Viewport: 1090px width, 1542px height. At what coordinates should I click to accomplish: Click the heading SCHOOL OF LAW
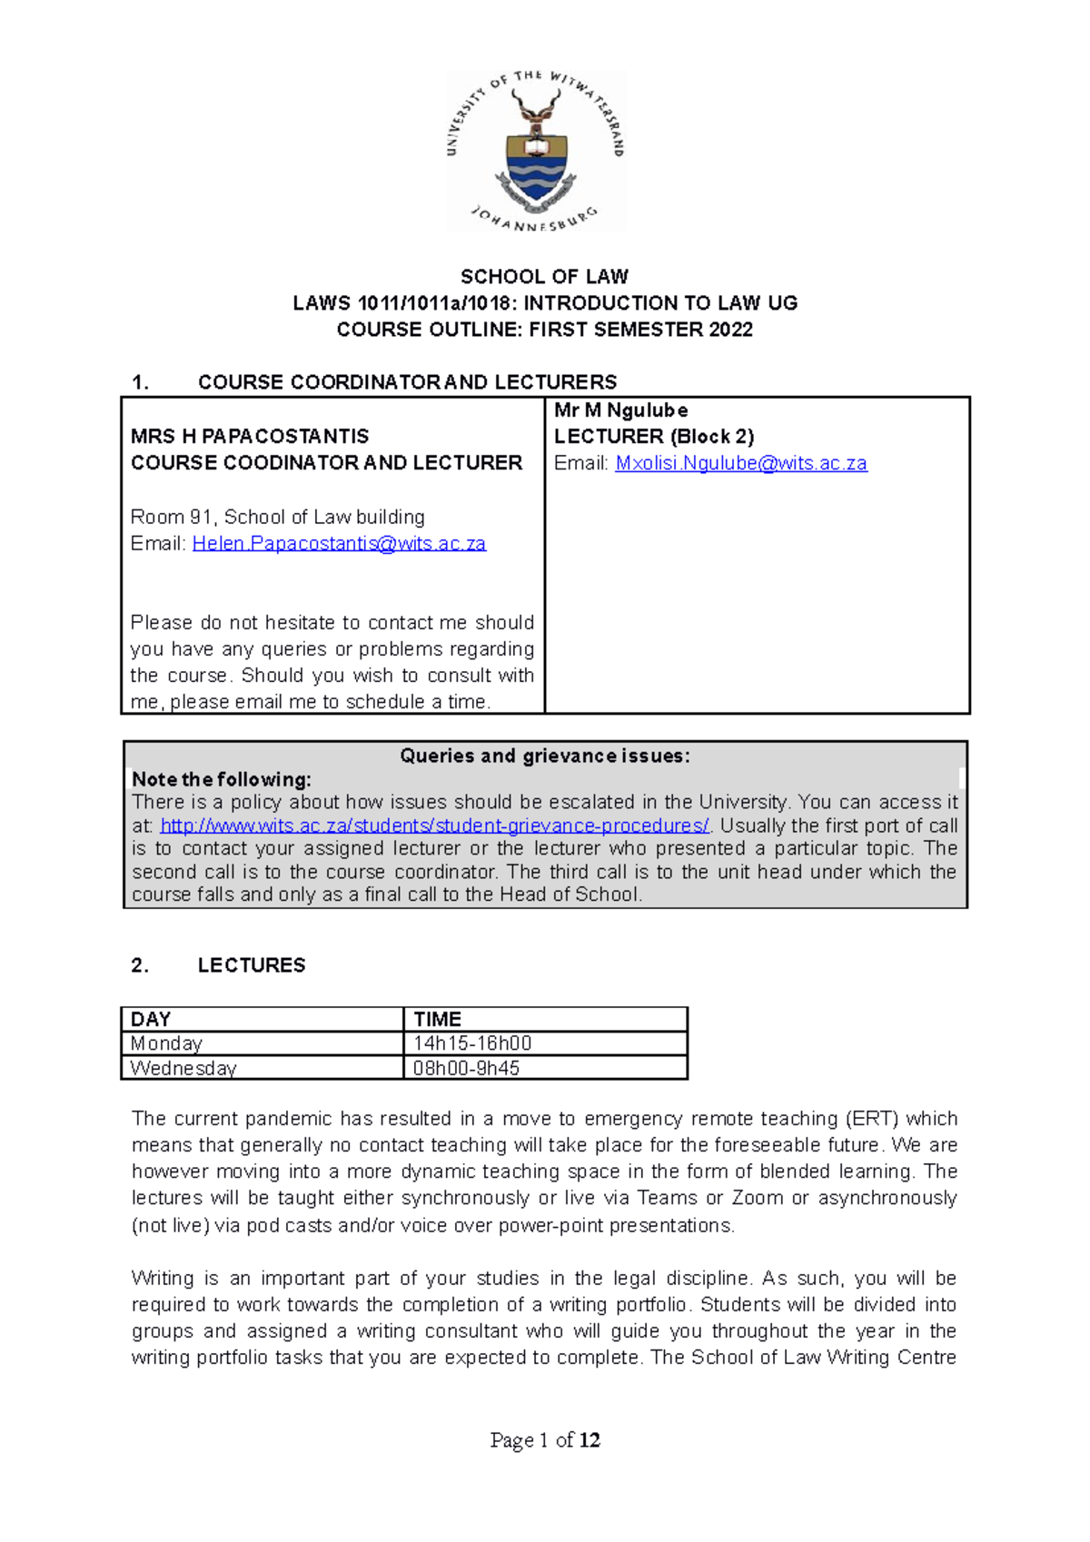tap(544, 276)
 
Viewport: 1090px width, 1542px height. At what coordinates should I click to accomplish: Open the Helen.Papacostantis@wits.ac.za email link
tap(339, 543)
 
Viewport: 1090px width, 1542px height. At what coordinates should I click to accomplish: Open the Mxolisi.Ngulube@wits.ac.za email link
tap(740, 463)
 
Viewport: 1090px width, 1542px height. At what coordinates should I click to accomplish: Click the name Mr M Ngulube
tap(620, 410)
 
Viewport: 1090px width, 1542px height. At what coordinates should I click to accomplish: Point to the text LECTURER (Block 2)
tap(654, 437)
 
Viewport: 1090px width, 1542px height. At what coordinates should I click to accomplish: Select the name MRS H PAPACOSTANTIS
tap(250, 436)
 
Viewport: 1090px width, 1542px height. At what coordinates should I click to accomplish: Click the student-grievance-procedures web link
tap(434, 825)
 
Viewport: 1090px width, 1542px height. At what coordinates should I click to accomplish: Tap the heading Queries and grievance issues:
tap(545, 756)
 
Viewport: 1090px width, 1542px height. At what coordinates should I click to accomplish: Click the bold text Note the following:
tap(222, 779)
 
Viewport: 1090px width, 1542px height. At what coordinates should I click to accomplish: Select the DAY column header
tap(151, 1019)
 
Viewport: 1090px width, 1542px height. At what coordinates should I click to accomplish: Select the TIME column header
tap(438, 1019)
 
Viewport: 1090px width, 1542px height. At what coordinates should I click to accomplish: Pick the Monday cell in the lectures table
tap(166, 1043)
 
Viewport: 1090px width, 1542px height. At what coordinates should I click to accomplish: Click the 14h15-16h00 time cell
tap(472, 1043)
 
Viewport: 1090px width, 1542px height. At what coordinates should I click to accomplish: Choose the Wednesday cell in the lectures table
tap(183, 1068)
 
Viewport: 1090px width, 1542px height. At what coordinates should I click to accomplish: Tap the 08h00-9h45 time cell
tap(466, 1068)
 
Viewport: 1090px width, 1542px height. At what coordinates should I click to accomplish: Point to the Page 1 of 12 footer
tap(545, 1440)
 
